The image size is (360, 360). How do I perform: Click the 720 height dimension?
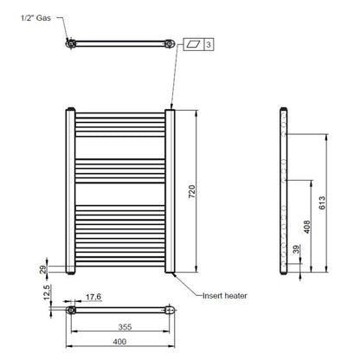(x=193, y=193)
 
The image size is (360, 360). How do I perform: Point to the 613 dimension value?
(x=322, y=203)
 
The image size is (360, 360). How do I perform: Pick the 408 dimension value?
(x=307, y=226)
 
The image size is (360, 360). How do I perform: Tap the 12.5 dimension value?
(x=44, y=297)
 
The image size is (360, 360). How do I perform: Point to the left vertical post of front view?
(x=71, y=191)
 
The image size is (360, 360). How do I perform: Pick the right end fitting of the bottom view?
(x=171, y=308)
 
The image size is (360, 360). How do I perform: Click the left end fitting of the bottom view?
(x=72, y=308)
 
